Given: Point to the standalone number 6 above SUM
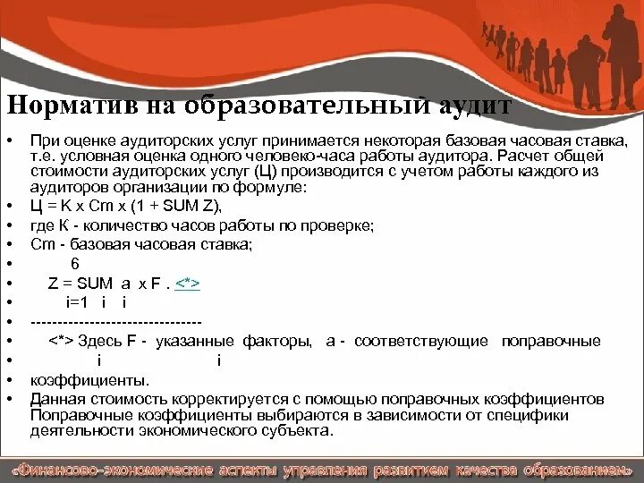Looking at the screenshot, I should (75, 263).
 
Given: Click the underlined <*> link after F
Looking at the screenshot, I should (187, 283).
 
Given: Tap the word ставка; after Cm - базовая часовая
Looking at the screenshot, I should (227, 244).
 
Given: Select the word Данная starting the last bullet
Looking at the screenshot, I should (54, 397).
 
